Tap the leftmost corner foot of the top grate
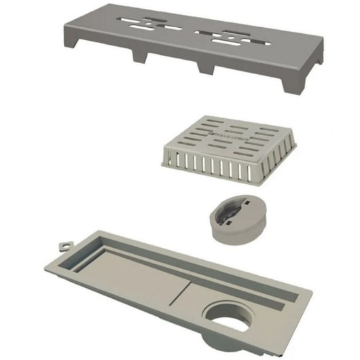71,42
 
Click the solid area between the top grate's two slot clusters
193,30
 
